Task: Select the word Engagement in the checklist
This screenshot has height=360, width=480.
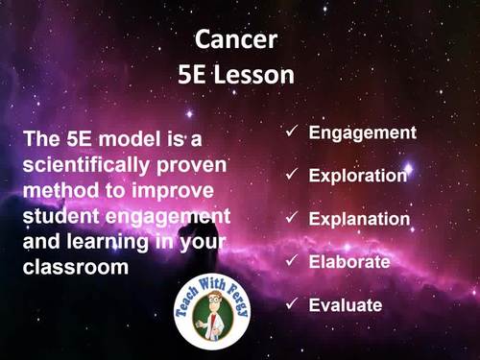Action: (x=362, y=132)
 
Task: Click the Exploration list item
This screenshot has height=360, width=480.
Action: (x=358, y=176)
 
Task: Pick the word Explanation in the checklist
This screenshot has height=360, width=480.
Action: (x=359, y=219)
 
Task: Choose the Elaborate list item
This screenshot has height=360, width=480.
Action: (x=348, y=261)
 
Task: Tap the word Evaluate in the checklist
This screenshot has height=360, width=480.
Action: (x=346, y=305)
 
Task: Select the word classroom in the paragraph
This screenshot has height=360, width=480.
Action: (x=75, y=267)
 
